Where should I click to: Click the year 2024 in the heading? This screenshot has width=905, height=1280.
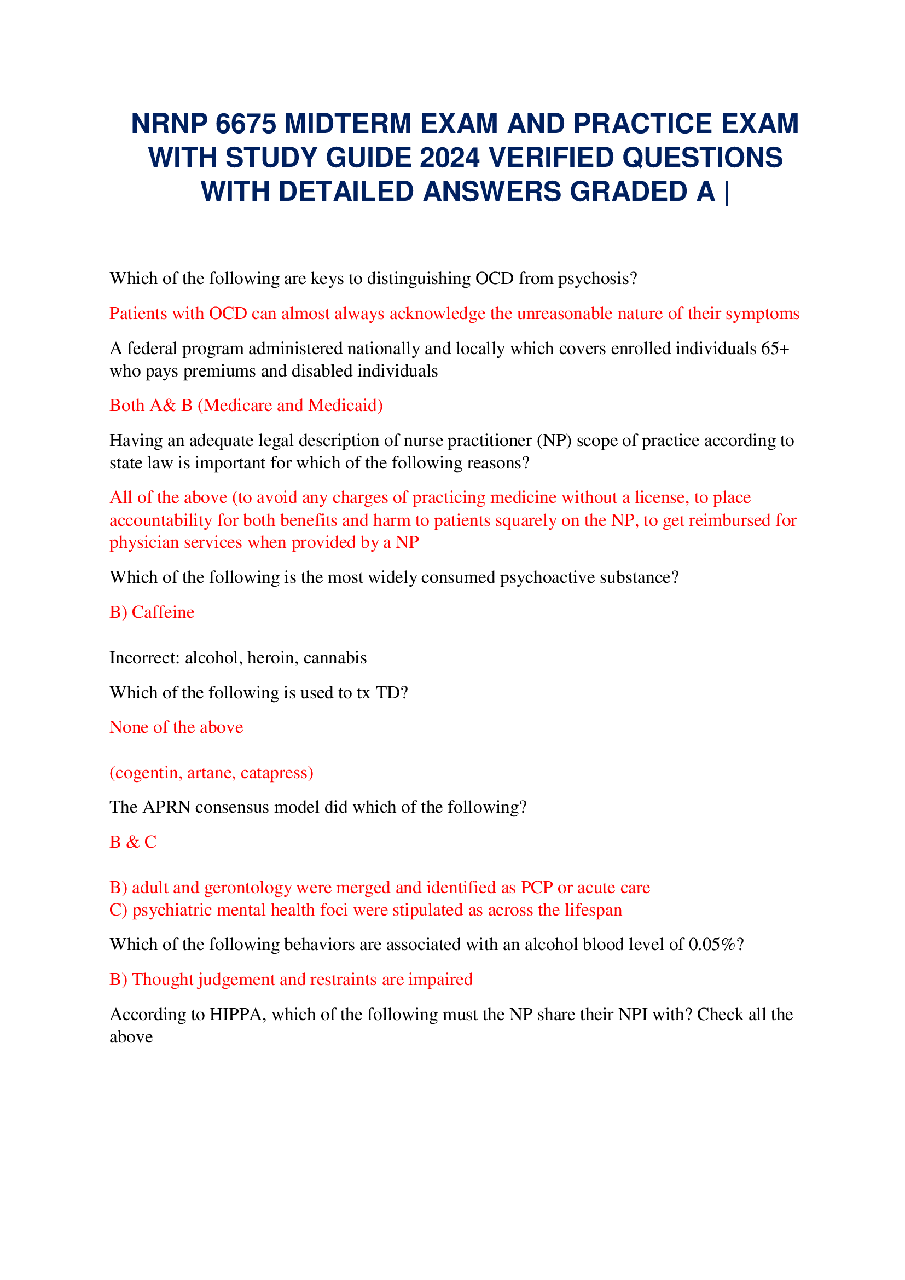(x=449, y=158)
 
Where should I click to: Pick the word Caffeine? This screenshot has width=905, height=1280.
(x=163, y=612)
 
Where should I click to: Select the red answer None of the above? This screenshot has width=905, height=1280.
(x=176, y=727)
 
